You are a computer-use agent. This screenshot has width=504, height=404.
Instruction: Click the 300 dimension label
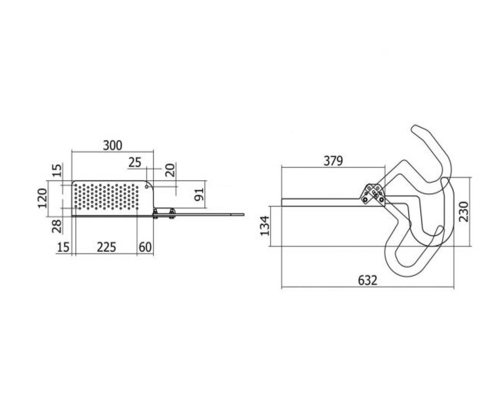tap(113, 146)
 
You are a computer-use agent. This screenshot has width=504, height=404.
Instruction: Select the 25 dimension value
tap(135, 163)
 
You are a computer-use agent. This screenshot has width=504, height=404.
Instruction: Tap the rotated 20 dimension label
tap(170, 170)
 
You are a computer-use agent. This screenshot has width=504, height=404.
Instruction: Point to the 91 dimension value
tap(199, 194)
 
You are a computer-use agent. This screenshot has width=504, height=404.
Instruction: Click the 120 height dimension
tap(43, 198)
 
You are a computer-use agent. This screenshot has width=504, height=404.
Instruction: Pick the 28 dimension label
tap(56, 226)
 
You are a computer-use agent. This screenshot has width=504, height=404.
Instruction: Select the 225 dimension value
tap(106, 247)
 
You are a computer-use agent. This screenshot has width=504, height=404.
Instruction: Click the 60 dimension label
tap(145, 247)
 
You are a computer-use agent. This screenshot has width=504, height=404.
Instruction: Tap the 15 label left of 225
tap(63, 247)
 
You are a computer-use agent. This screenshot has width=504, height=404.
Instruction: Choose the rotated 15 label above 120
tap(56, 170)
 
